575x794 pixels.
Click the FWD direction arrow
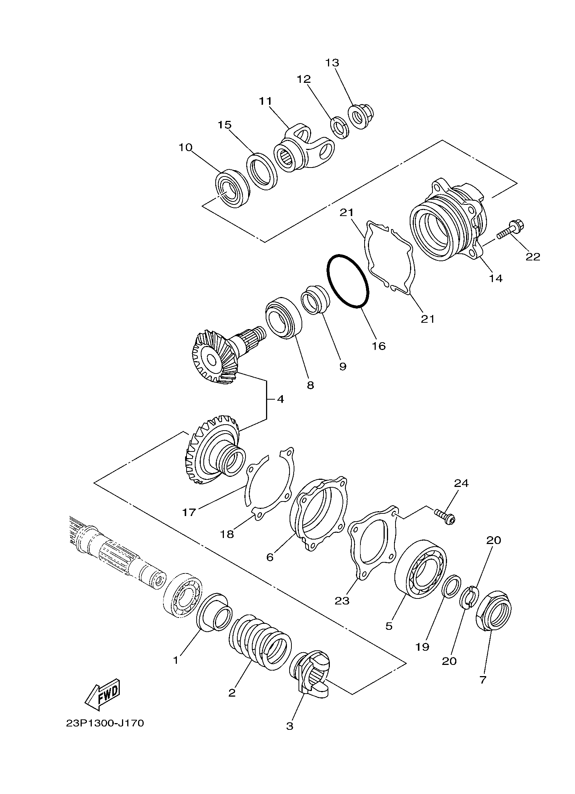[x=102, y=695]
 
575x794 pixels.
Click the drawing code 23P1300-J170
[x=104, y=734]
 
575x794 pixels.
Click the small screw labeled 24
[x=444, y=516]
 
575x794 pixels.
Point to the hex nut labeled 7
[x=494, y=611]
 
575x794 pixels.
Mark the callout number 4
[x=280, y=399]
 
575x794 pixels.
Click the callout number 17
[x=189, y=512]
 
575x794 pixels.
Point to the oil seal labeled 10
[x=233, y=188]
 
